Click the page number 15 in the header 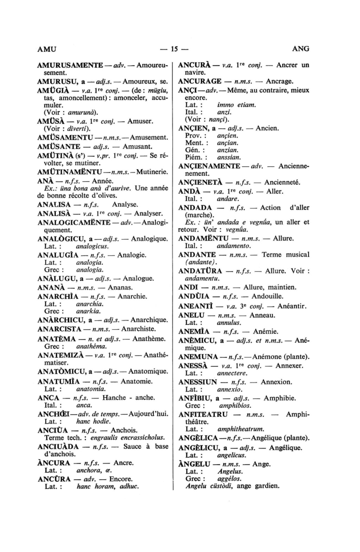[x=174, y=49]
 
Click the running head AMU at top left [x=47, y=49]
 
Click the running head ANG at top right [x=301, y=49]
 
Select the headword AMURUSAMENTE [x=70, y=65]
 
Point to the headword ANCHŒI [x=54, y=414]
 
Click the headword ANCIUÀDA [x=58, y=447]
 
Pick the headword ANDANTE [x=197, y=255]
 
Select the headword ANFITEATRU [x=203, y=414]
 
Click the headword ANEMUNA [x=198, y=357]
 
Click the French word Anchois [x=124, y=430]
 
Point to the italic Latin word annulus [x=229, y=322]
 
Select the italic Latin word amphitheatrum [x=241, y=429]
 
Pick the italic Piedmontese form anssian [x=229, y=158]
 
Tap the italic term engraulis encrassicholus [x=128, y=438]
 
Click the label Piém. [x=194, y=158]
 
